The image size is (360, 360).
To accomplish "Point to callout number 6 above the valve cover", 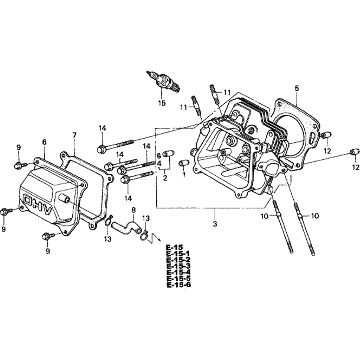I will point(44,142).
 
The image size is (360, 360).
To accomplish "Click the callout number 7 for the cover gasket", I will point(75,135).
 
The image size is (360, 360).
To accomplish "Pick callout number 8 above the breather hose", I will point(133,209).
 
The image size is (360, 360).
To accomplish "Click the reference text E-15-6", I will point(179,285).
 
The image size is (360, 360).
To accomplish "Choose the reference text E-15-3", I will point(179,266).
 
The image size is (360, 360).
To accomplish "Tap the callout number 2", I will point(165,177).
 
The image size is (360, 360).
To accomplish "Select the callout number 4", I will point(158,163).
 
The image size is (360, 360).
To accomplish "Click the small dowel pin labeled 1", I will point(183,163).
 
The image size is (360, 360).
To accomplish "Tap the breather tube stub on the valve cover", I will point(64,198).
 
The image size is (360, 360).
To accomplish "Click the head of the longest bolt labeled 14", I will point(101,149).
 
